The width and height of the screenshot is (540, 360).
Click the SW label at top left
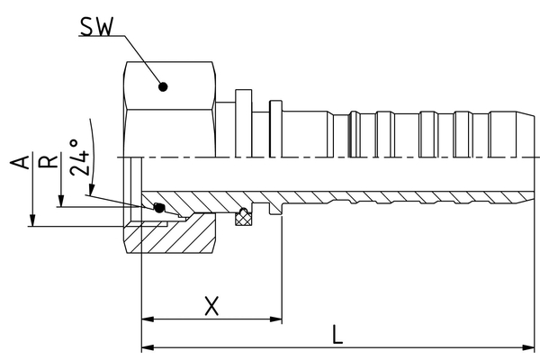(x=94, y=26)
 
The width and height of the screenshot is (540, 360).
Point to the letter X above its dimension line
(x=211, y=305)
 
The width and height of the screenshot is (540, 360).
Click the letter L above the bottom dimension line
(x=336, y=335)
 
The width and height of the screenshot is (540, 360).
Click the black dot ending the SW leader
(x=163, y=87)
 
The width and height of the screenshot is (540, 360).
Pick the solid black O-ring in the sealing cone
(x=159, y=208)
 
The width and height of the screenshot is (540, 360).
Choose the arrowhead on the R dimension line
(x=59, y=203)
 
